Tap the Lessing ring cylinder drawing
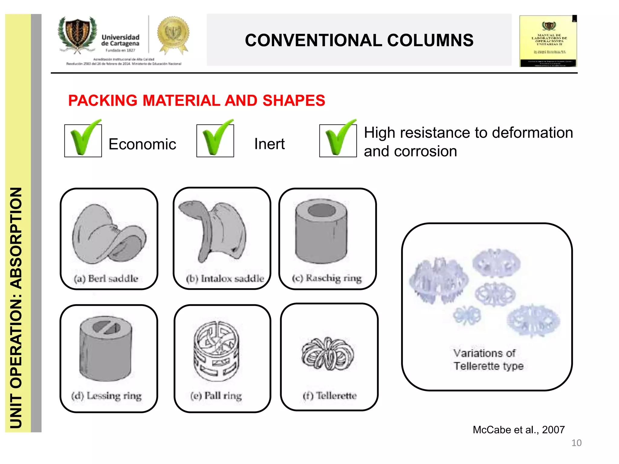(106, 347)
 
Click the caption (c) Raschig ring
(327, 278)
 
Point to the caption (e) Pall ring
(216, 395)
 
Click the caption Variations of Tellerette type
(488, 359)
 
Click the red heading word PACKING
(103, 101)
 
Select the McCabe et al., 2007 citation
(519, 430)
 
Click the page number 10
(576, 443)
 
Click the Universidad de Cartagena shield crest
(78, 35)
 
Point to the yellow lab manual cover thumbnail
(548, 41)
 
